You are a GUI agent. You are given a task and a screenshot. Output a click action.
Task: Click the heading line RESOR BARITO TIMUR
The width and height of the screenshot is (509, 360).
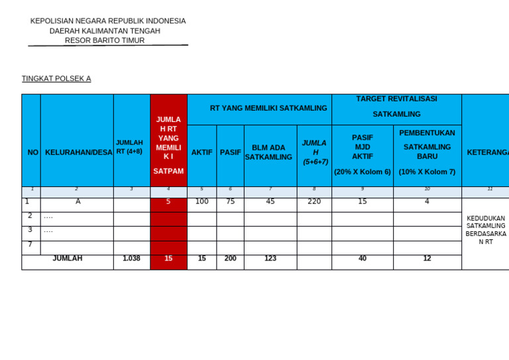(105, 40)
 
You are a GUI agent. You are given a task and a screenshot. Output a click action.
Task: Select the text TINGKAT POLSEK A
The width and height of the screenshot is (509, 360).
(56, 78)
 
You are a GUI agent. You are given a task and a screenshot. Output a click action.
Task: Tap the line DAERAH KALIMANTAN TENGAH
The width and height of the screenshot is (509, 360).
(105, 30)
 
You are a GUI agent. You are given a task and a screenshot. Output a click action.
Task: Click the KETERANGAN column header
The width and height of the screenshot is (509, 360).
(487, 152)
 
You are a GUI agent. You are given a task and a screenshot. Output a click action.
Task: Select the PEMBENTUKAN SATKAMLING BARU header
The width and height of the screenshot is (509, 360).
(427, 152)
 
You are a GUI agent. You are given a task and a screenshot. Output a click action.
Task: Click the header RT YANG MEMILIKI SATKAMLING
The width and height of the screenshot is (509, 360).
(268, 108)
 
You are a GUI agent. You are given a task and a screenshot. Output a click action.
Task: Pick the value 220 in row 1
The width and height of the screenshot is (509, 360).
(314, 202)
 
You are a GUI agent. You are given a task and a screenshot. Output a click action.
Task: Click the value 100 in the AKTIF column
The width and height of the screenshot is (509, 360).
(202, 202)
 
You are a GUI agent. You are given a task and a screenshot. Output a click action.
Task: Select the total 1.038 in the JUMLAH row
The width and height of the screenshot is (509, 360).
(131, 259)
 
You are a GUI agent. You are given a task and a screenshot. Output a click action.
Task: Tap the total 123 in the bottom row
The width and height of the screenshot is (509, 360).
(270, 259)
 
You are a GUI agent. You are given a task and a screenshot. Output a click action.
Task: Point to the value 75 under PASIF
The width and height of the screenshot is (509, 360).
(230, 202)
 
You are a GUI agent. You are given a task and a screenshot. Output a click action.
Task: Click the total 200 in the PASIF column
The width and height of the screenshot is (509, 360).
(230, 259)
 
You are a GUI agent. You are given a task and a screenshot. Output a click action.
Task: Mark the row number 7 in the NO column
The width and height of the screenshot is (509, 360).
(30, 245)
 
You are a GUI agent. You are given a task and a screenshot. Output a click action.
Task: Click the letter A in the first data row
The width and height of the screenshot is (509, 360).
(78, 202)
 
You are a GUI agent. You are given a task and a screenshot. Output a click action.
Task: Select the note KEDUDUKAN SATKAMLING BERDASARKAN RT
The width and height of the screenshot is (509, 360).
(486, 230)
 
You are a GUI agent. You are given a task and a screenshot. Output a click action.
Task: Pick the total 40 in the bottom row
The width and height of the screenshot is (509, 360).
(363, 259)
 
